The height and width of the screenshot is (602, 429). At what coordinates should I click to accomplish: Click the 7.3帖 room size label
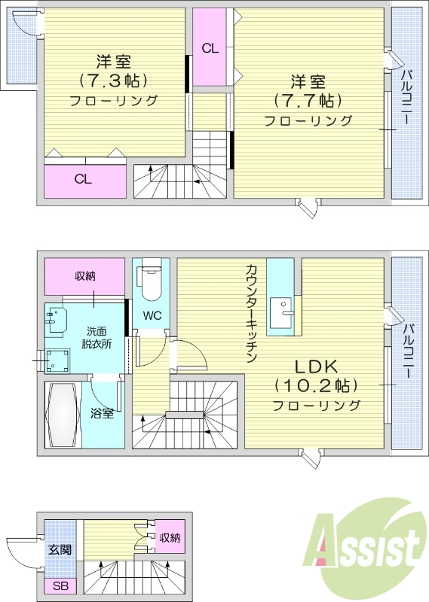(x=112, y=80)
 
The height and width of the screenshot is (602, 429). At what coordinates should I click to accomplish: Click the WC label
(x=152, y=315)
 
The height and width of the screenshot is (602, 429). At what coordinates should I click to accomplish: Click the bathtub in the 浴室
(x=62, y=414)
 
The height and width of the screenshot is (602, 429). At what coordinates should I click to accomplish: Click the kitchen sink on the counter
(x=286, y=311)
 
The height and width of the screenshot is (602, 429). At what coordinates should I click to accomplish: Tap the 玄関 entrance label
(x=60, y=549)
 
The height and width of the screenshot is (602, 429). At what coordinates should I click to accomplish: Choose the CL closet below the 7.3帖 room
(x=84, y=180)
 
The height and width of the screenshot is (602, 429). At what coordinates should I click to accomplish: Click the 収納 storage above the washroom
(x=84, y=276)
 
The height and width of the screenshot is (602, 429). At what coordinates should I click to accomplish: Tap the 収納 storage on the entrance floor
(x=169, y=538)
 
